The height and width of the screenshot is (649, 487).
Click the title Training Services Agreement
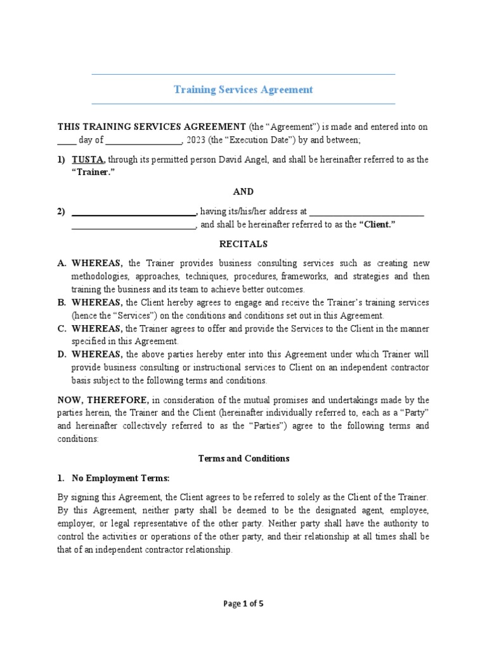(243, 89)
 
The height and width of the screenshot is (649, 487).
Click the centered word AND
(243, 191)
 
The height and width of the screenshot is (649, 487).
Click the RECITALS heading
(243, 243)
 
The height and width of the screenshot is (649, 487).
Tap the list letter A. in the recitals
(62, 263)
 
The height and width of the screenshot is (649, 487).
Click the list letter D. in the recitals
(62, 354)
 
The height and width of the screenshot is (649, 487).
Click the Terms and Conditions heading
(243, 458)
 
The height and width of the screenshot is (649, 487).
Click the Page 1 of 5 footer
(243, 603)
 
